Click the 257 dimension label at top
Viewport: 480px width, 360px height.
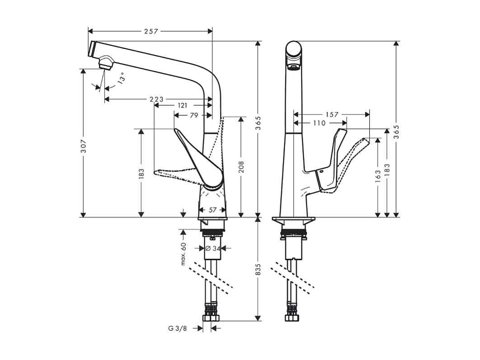pos(151,31)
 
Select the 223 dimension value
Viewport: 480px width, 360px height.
pos(157,99)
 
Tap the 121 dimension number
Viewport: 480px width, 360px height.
pos(182,105)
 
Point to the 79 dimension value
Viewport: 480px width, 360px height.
pos(193,115)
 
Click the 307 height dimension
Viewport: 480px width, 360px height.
pos(84,145)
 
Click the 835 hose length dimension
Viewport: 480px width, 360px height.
pos(258,270)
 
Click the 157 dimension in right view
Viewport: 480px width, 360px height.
pos(332,115)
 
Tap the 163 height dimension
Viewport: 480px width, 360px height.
pos(377,175)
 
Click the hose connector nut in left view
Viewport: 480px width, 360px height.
pos(211,317)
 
